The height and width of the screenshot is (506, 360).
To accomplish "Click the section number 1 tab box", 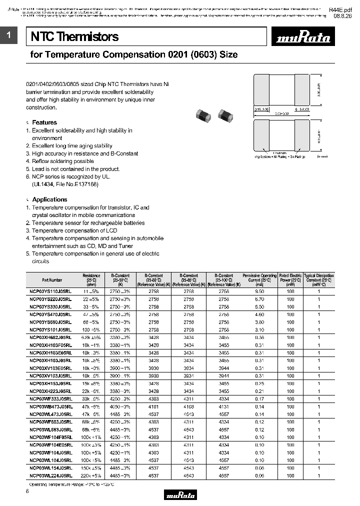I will [9, 35].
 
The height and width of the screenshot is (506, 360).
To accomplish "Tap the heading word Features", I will [44, 122].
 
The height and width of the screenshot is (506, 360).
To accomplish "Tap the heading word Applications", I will [49, 199].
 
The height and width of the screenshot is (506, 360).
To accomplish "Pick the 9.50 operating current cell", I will [259, 290].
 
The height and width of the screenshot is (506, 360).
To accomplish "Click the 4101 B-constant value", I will [153, 407].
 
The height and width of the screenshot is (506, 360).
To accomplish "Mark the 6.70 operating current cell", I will [259, 298].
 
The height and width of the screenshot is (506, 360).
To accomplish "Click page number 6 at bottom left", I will [27, 493].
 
